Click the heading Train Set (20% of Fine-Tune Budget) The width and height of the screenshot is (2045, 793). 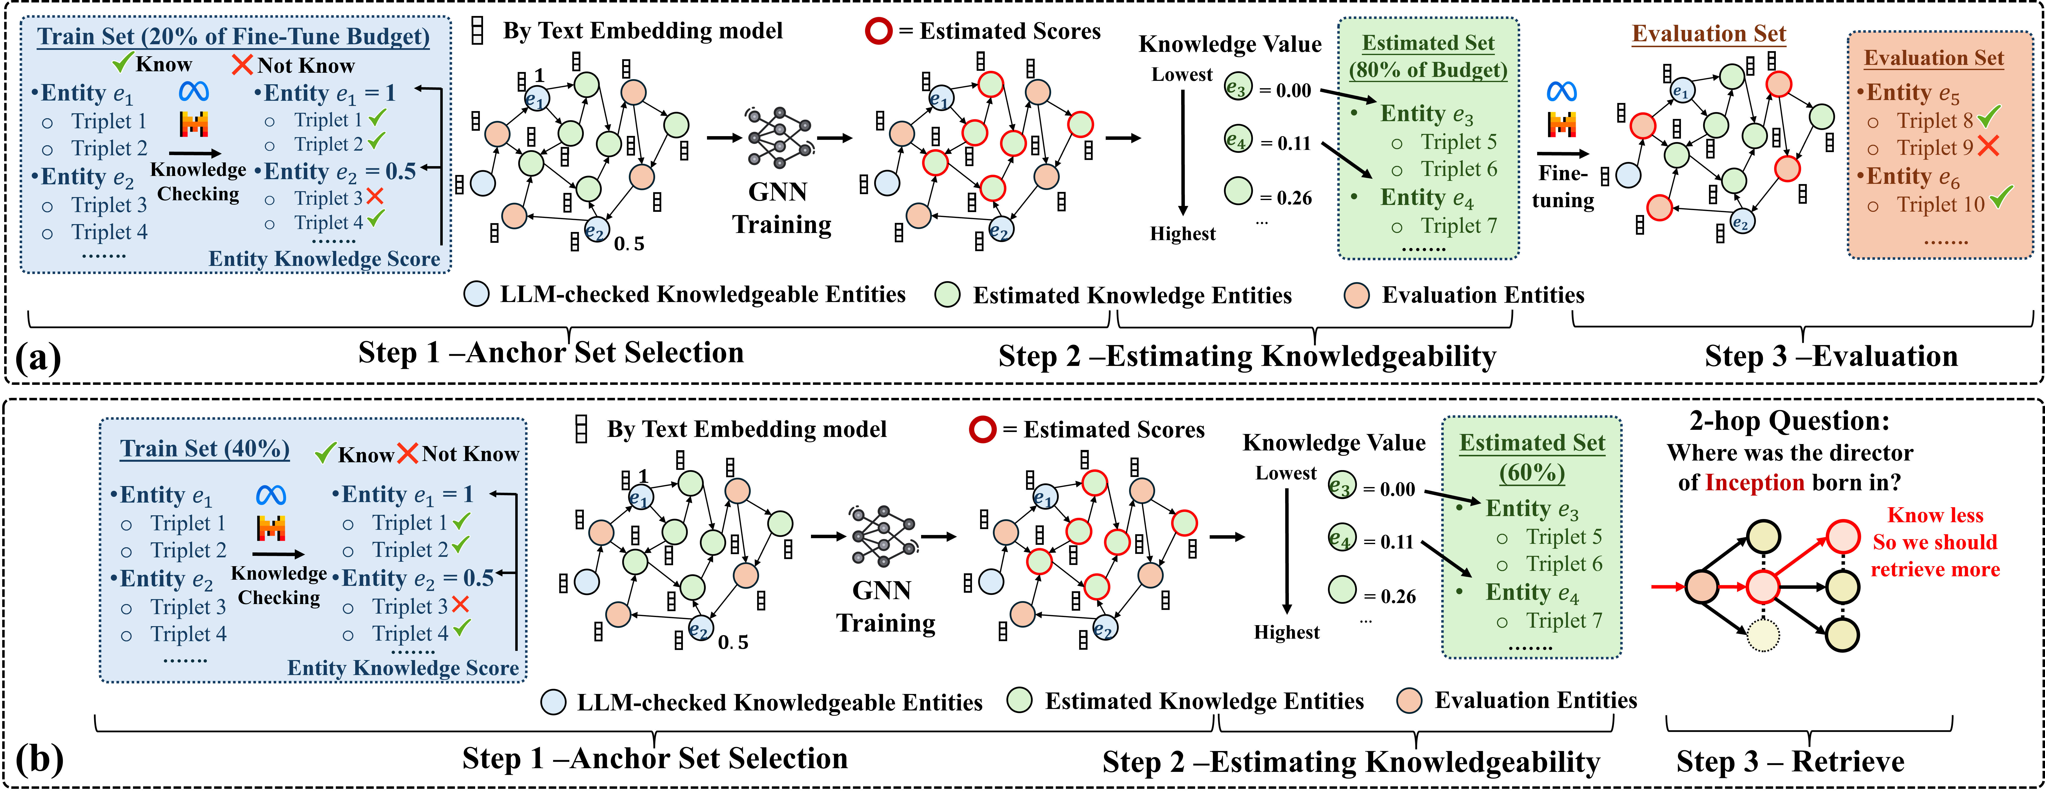233,37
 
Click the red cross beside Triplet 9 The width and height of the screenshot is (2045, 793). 1989,146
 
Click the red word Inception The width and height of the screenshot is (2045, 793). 1754,483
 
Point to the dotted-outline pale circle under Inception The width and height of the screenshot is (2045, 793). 1763,635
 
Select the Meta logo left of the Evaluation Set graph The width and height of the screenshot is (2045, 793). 1561,92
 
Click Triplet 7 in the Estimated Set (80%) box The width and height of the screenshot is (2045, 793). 1458,226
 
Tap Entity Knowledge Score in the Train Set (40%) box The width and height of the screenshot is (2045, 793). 402,668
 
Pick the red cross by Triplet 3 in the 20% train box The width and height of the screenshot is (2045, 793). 375,196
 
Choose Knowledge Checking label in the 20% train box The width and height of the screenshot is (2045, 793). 198,182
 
